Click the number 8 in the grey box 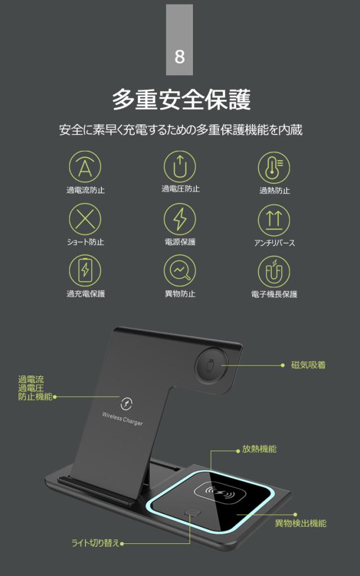pos(179,57)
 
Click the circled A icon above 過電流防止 pos(85,167)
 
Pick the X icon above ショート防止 pos(85,219)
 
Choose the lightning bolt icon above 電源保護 pos(180,219)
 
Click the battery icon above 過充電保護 pos(85,271)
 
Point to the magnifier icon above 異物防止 pos(180,271)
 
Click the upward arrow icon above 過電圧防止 pos(180,167)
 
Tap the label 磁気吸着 pos(308,365)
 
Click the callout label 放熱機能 pos(259,449)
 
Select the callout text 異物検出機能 pos(300,524)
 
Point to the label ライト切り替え pos(95,543)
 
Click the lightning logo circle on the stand pos(127,403)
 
